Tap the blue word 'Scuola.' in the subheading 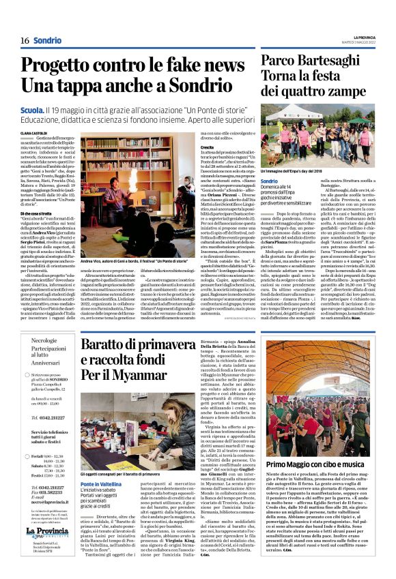pyautogui.click(x=32, y=108)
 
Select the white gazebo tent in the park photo pyautogui.click(x=300, y=113)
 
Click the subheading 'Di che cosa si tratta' pyautogui.click(x=37, y=213)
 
